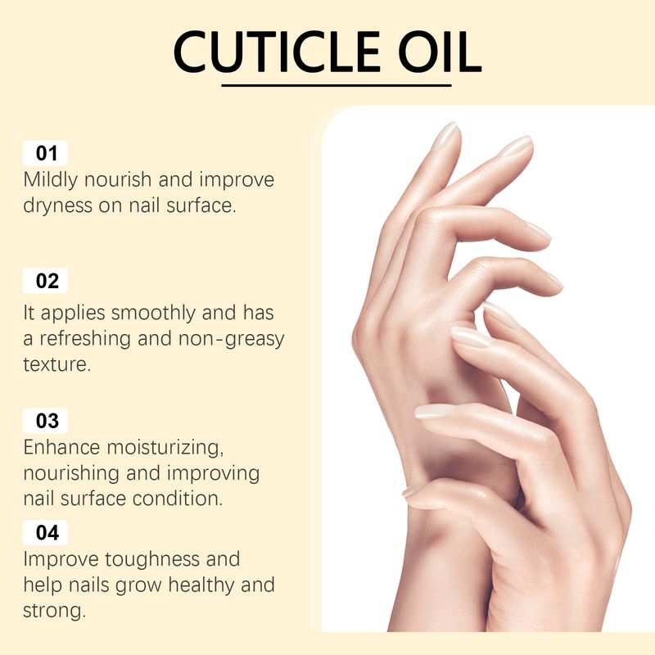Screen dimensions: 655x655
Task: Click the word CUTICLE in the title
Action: [277, 52]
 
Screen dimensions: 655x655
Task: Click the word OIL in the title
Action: [440, 52]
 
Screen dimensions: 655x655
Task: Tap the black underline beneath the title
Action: [337, 85]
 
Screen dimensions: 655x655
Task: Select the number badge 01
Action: [45, 153]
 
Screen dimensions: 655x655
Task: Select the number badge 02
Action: [45, 281]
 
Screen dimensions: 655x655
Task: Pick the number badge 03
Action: [45, 421]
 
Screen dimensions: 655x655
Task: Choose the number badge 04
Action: [45, 533]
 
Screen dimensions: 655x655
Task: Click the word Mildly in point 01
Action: [51, 180]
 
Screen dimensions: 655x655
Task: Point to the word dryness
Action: [57, 206]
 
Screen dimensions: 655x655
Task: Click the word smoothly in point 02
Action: [153, 314]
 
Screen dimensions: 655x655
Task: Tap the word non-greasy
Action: [231, 339]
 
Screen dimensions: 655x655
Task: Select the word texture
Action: [56, 364]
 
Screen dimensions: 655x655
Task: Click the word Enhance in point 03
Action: [62, 447]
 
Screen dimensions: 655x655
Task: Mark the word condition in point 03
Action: [178, 499]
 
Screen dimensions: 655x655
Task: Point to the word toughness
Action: [152, 559]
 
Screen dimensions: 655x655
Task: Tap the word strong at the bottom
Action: [54, 611]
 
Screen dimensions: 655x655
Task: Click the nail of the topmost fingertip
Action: [445, 135]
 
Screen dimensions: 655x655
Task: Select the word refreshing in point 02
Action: [85, 339]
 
